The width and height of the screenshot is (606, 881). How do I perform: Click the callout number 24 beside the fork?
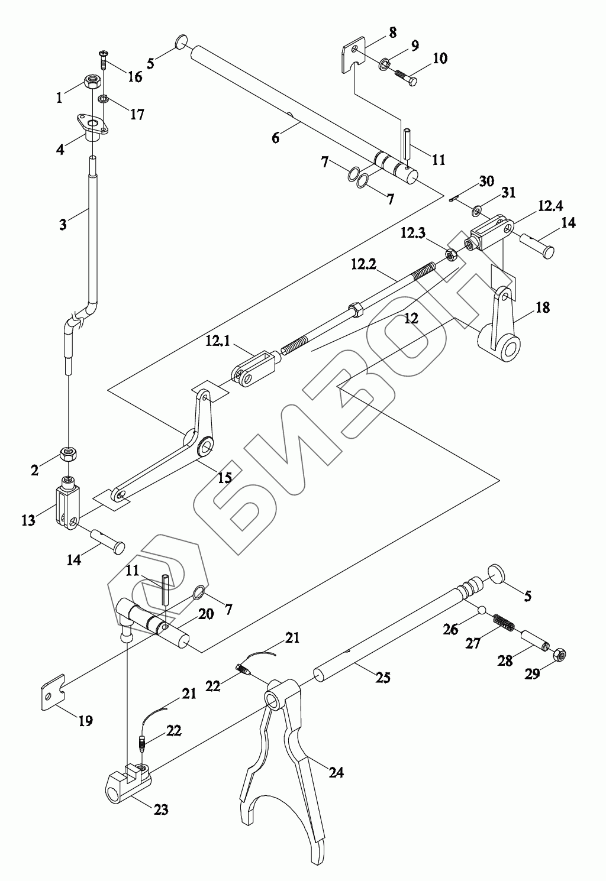[336, 772]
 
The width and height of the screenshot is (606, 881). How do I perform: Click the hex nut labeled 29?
[559, 655]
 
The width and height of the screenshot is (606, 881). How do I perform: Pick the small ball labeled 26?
[482, 610]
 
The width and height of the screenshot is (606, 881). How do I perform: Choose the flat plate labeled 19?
[53, 691]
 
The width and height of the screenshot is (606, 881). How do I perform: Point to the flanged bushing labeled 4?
[93, 127]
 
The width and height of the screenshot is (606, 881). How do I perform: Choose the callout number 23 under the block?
[160, 809]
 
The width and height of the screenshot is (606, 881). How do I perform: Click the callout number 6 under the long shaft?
[275, 138]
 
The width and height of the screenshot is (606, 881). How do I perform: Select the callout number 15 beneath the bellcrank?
[224, 478]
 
